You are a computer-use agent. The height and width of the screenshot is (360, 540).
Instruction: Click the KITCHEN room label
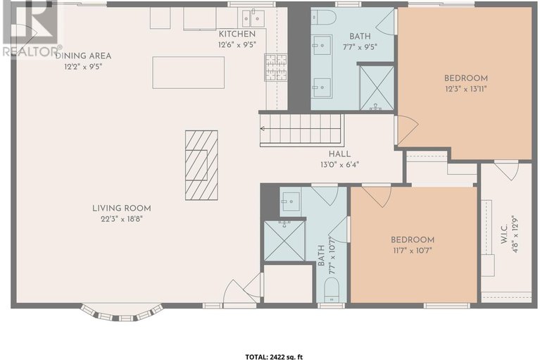coord(232,34)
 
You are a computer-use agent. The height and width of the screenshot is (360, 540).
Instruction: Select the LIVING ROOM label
coord(121,208)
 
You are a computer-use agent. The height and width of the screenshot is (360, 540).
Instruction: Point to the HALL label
coord(339,154)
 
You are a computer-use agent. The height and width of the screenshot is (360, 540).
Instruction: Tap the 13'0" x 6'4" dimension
coord(339,166)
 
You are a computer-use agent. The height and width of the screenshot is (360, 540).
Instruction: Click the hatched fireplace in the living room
coord(201,165)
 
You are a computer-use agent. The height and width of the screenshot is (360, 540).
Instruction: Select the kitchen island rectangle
coord(189,73)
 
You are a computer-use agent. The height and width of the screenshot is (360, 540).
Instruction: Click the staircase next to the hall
coord(301,130)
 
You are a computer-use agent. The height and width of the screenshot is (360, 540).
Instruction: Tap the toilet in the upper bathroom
coord(324,17)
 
